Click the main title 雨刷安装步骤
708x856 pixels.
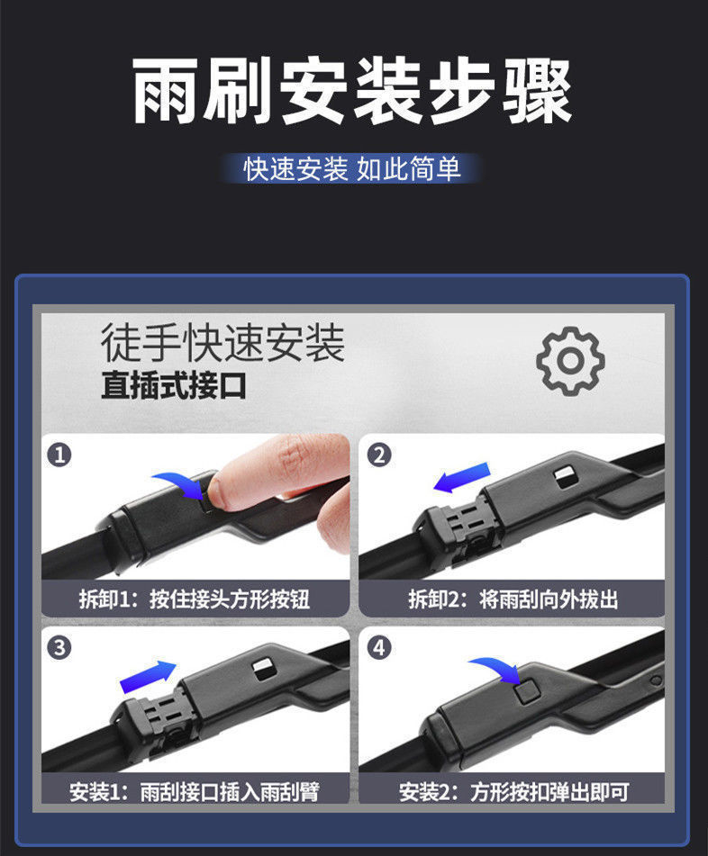[x=352, y=90]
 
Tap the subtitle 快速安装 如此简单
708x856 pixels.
[x=352, y=168]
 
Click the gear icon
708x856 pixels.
[x=570, y=361]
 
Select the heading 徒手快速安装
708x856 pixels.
[x=222, y=343]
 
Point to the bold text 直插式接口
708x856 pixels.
[x=173, y=385]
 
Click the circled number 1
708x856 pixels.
[x=59, y=455]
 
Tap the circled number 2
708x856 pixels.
[x=379, y=455]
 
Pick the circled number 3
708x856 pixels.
[x=59, y=648]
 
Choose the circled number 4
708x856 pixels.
[x=379, y=648]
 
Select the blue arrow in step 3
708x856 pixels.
[x=148, y=677]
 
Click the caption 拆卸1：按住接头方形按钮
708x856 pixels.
[x=195, y=599]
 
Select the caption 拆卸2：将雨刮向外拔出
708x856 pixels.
[x=513, y=599]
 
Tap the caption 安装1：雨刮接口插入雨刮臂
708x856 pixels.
[x=195, y=792]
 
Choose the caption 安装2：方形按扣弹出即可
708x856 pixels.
[x=513, y=792]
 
